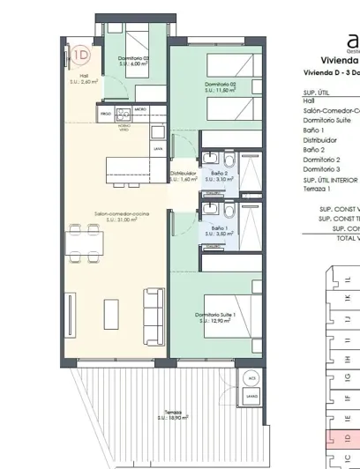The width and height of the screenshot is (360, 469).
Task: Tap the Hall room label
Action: coord(84,78)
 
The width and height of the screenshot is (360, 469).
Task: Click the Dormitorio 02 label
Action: coord(221,86)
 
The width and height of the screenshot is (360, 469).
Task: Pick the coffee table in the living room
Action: coord(112,312)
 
